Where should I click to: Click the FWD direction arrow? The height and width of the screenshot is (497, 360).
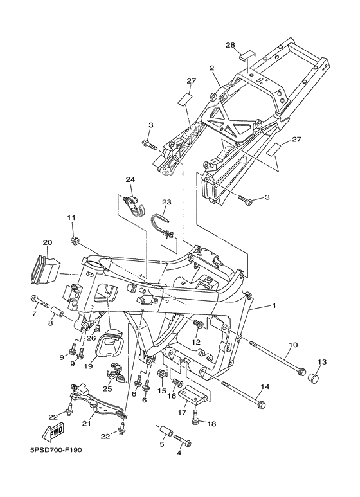pos(54,431)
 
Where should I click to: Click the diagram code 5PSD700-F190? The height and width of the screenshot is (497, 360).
pos(56,450)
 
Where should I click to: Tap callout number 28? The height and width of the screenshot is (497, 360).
pos(230,45)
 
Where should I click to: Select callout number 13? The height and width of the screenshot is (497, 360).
pos(322,361)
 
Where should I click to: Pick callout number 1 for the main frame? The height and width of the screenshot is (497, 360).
pos(274,306)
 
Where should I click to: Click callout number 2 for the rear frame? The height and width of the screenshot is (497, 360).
pos(212,68)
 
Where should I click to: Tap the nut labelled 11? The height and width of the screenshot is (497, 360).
pos(75,241)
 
